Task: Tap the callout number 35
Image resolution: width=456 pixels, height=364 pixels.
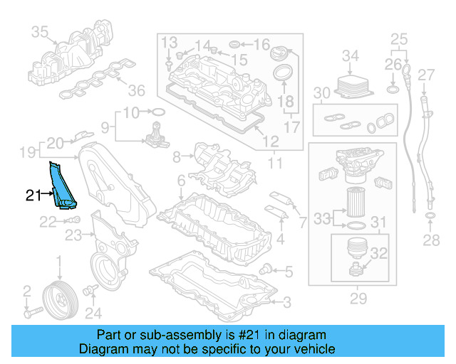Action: click(39, 31)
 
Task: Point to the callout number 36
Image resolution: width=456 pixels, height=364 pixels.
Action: click(135, 90)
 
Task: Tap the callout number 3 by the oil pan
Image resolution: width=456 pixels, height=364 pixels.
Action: click(286, 304)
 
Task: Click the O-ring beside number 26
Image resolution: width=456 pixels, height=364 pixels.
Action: click(393, 90)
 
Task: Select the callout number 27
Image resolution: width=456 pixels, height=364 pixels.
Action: click(425, 75)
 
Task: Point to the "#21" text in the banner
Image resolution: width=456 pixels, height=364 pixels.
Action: click(249, 335)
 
